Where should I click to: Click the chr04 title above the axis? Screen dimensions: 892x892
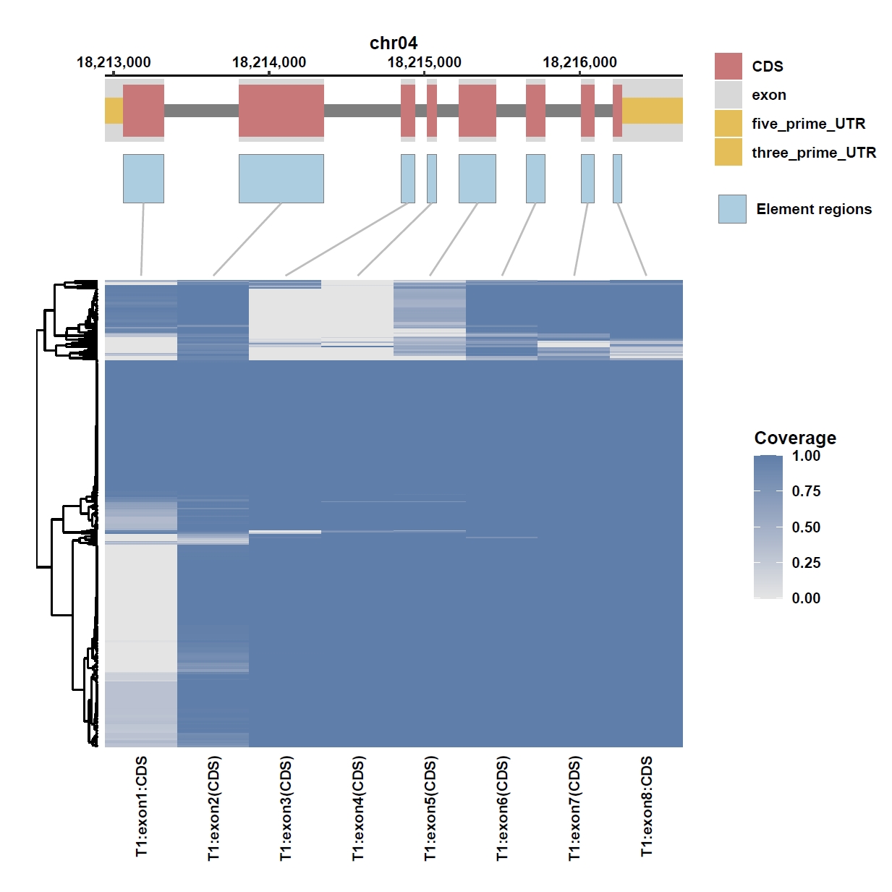click(x=394, y=43)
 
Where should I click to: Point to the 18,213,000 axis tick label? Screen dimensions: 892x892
click(x=114, y=62)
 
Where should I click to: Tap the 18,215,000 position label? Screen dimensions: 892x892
click(x=424, y=62)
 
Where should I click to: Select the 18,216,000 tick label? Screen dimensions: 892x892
click(x=579, y=62)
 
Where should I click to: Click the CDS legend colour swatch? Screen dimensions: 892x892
click(x=728, y=66)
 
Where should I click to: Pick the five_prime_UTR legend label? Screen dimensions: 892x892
click(x=808, y=124)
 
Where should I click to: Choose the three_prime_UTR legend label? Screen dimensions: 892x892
click(x=813, y=153)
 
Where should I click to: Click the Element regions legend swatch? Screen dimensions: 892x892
click(x=732, y=209)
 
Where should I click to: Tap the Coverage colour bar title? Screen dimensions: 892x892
click(x=795, y=438)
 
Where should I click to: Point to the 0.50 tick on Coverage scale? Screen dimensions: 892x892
click(x=806, y=527)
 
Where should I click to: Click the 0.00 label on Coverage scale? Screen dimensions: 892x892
click(x=806, y=598)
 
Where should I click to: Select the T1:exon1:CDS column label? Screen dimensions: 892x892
click(x=141, y=806)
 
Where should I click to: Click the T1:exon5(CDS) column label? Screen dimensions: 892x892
click(x=430, y=808)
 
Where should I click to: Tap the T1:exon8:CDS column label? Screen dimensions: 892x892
click(x=646, y=806)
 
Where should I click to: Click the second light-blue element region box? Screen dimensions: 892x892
click(x=281, y=179)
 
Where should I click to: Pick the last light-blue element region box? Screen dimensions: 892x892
click(x=617, y=179)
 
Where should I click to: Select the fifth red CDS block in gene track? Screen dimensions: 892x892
click(x=477, y=111)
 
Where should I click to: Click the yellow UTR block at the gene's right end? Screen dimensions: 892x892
click(x=653, y=111)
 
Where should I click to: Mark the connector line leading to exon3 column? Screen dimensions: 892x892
click(x=347, y=239)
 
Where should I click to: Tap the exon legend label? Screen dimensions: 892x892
click(x=769, y=95)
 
